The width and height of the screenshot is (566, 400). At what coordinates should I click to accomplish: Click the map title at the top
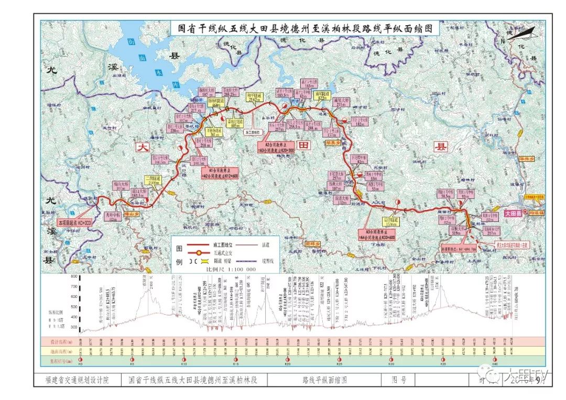tap(303, 29)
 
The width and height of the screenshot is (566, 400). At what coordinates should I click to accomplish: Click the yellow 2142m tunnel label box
tap(254, 97)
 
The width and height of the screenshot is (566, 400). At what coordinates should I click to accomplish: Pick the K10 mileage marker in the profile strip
tap(184, 360)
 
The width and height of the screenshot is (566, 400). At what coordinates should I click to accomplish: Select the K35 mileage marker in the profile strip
tap(443, 360)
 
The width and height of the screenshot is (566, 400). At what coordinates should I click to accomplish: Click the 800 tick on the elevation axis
tap(74, 276)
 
